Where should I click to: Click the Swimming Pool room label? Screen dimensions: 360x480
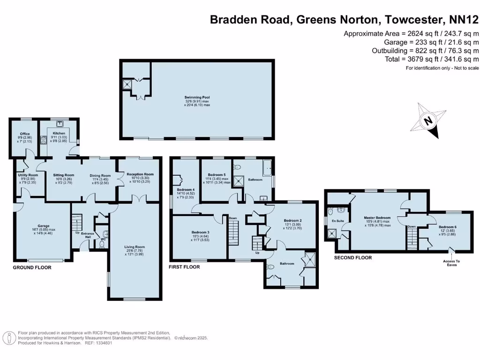click(197, 98)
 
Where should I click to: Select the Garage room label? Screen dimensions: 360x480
click(43, 225)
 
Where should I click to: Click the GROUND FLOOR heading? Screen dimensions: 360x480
click(32, 267)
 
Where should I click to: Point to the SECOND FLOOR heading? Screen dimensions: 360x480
click(352, 258)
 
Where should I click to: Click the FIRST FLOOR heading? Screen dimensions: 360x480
click(184, 267)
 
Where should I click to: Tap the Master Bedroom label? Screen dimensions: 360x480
click(377, 217)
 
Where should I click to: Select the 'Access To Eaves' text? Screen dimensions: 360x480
click(451, 263)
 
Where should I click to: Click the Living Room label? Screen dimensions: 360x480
click(134, 247)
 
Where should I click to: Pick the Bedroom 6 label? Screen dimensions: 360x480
click(447, 227)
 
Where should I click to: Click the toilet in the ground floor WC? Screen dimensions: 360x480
click(102, 244)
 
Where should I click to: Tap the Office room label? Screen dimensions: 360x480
click(25, 134)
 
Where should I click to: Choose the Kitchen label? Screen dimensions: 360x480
click(59, 133)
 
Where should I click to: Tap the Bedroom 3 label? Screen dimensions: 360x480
click(200, 232)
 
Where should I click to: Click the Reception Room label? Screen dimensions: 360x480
click(140, 174)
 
